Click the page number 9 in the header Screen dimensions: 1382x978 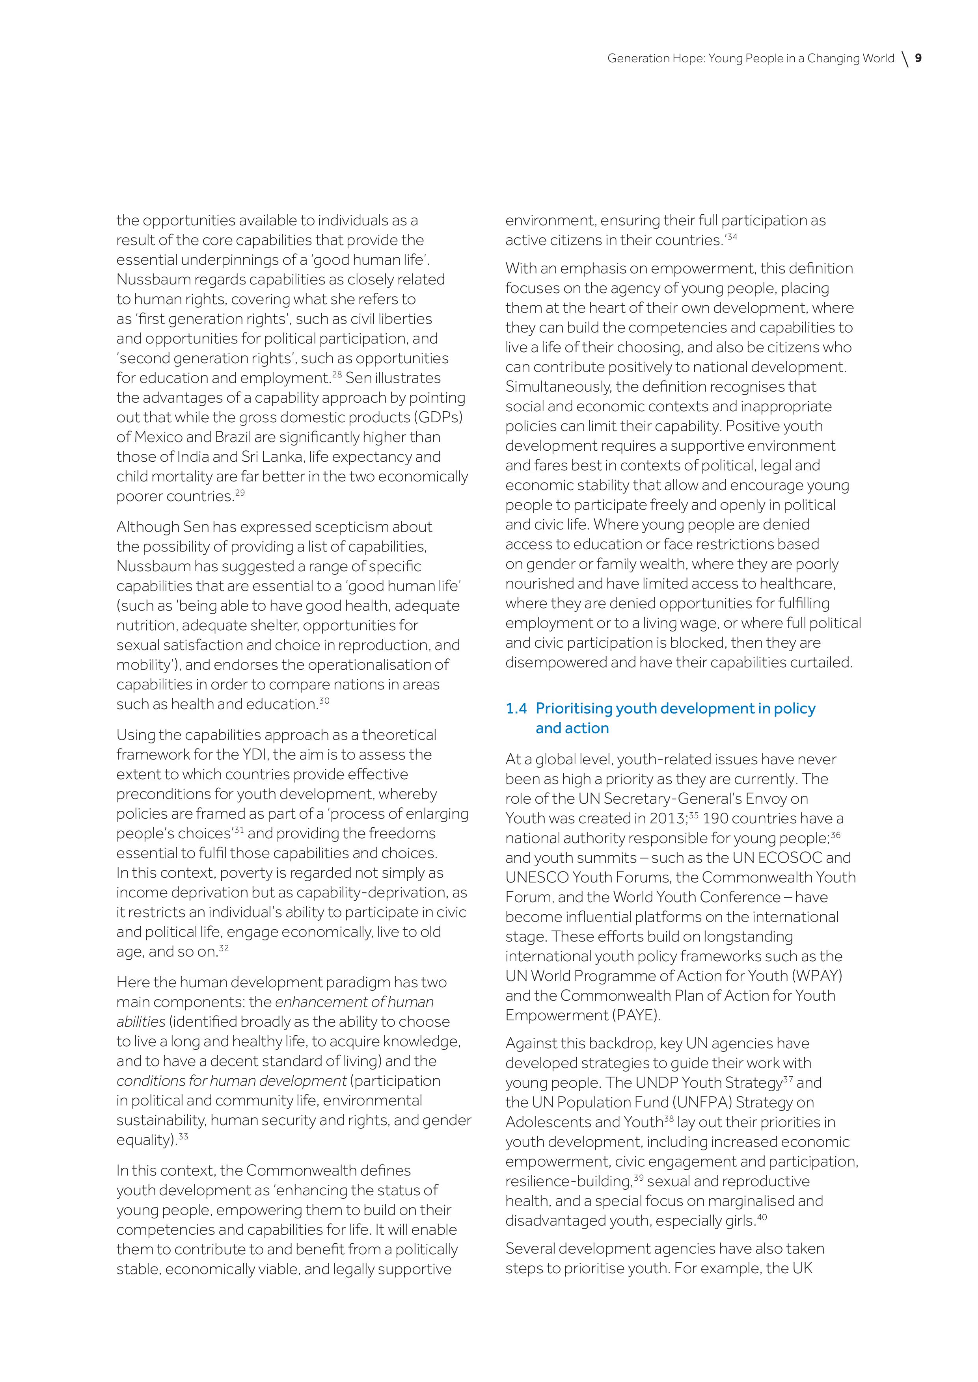918,58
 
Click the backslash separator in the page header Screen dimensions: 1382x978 905,59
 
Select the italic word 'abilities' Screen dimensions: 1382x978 141,1022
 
